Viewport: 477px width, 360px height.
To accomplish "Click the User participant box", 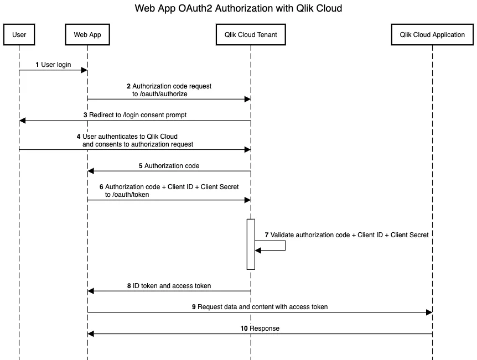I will tap(19, 35).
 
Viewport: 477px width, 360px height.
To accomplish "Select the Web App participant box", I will tap(87, 35).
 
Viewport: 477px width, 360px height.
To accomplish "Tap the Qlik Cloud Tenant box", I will tap(251, 35).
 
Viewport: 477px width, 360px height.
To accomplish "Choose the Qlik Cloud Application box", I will tap(432, 35).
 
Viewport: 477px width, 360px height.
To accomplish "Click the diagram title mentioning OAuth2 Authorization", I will tap(239, 9).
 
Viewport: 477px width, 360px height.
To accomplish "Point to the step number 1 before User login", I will tap(38, 65).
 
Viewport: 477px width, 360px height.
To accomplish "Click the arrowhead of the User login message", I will tap(84, 70).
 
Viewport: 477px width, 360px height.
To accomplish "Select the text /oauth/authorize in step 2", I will tap(160, 94).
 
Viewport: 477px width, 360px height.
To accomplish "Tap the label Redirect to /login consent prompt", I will tap(138, 115).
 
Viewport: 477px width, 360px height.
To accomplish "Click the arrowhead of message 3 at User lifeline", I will tap(23, 121).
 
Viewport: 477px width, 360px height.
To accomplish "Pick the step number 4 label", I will tap(79, 136).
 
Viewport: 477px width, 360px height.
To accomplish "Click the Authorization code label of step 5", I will tap(172, 165).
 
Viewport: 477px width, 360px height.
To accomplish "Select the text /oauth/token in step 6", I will tap(127, 195).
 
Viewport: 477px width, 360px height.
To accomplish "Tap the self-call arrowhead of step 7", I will tap(258, 251).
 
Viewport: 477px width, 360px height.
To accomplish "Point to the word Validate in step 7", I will tap(282, 235).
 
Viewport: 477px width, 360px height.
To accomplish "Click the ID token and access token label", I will tap(172, 286).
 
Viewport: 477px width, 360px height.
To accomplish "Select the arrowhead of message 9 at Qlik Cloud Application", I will tap(429, 312).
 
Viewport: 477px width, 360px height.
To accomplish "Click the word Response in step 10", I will tap(265, 328).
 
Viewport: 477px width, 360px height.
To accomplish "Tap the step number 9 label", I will tap(194, 307).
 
